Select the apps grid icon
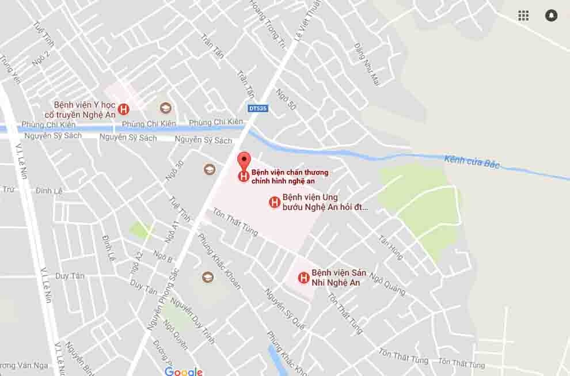tap(523, 16)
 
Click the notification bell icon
tap(551, 16)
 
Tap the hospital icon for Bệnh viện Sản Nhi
tap(303, 278)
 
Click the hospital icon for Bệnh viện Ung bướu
tap(275, 202)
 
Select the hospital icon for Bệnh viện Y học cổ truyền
tap(123, 109)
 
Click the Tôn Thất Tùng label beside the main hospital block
tap(235, 222)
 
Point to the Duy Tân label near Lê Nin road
tap(70, 276)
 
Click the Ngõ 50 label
tap(286, 99)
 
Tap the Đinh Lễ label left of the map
tap(48, 191)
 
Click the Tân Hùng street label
tap(391, 247)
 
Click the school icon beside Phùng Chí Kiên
tap(165, 108)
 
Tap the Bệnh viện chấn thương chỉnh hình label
tap(290, 176)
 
